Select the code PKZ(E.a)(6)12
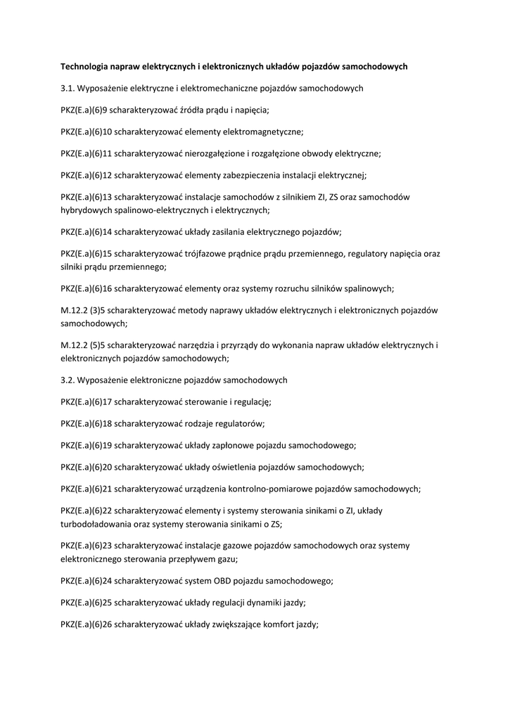87,176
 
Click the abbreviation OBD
219,581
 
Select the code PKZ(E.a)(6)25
87,603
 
